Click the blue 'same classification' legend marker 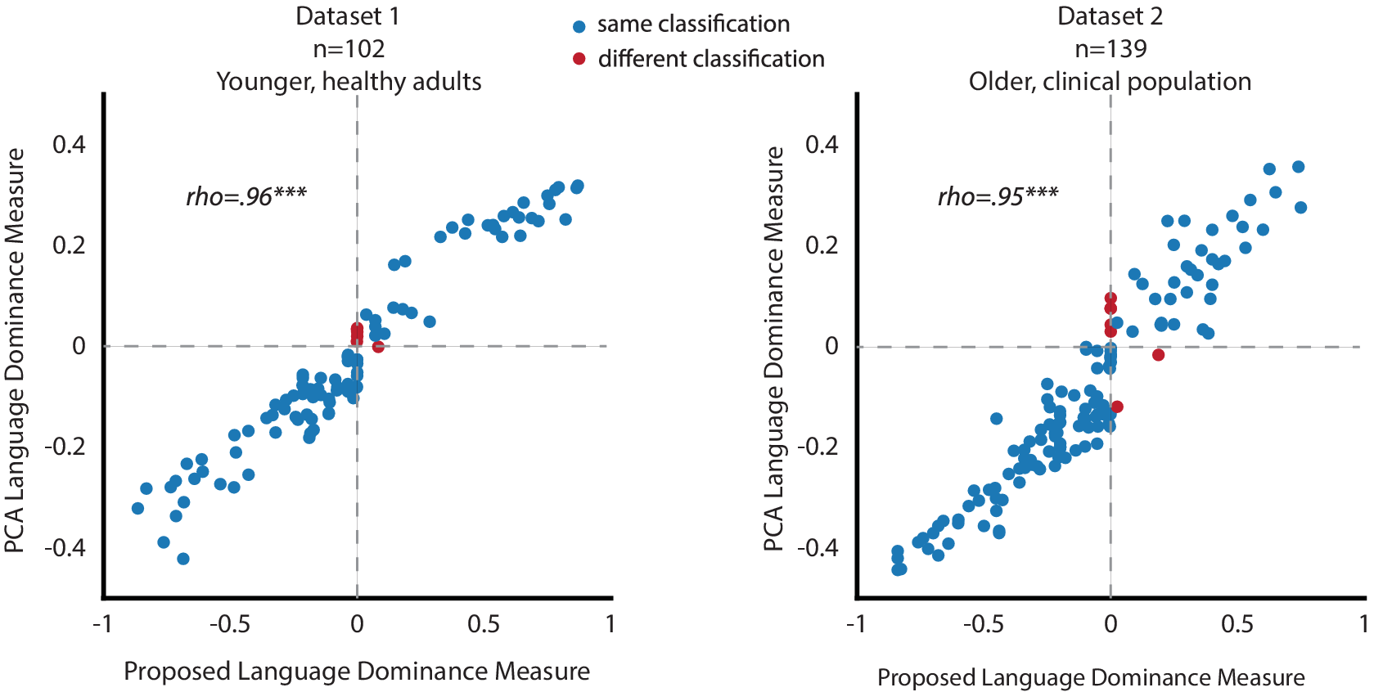click(579, 26)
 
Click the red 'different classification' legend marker click(579, 59)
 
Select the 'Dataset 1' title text click(348, 16)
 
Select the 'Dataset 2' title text click(1110, 16)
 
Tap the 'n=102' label click(349, 48)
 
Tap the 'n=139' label click(1110, 48)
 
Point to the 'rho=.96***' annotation click(246, 196)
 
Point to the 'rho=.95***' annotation click(998, 196)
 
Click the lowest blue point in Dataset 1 click(183, 559)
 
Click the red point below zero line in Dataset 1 click(378, 347)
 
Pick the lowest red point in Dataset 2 click(1117, 407)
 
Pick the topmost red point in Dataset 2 click(1110, 299)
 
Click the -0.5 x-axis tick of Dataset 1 click(230, 625)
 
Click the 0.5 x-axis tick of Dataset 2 click(1237, 625)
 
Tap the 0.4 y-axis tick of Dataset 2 click(822, 145)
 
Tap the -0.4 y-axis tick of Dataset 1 click(65, 547)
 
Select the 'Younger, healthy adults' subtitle click(349, 81)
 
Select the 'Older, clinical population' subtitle click(1110, 81)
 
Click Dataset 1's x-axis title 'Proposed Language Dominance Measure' click(357, 672)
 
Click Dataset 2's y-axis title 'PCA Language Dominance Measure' click(774, 349)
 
